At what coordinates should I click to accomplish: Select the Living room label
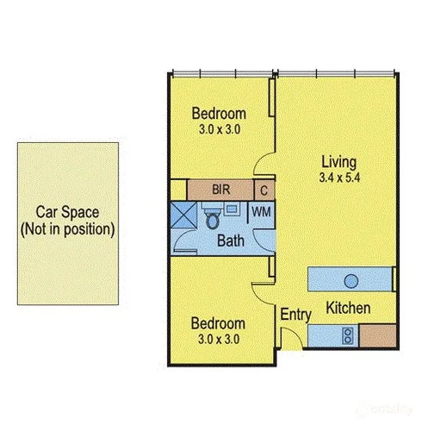[338, 161]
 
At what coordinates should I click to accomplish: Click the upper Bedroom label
[219, 114]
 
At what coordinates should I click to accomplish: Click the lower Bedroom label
[218, 323]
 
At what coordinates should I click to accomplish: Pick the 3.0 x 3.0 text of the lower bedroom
[218, 339]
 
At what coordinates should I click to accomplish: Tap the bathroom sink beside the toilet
[233, 209]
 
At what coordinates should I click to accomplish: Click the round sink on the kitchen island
[350, 280]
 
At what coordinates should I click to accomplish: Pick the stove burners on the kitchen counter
[347, 334]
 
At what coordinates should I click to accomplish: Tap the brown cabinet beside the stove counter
[376, 334]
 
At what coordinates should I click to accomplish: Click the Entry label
[295, 315]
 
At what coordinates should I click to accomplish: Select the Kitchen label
[348, 308]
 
